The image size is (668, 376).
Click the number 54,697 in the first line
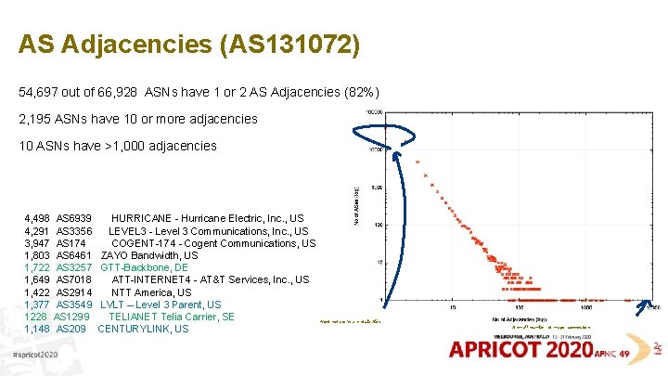point(39,93)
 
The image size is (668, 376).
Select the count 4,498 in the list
point(37,218)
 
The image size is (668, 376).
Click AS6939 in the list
point(73,218)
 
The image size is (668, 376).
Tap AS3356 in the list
point(73,231)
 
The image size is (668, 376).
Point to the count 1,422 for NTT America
point(37,292)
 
